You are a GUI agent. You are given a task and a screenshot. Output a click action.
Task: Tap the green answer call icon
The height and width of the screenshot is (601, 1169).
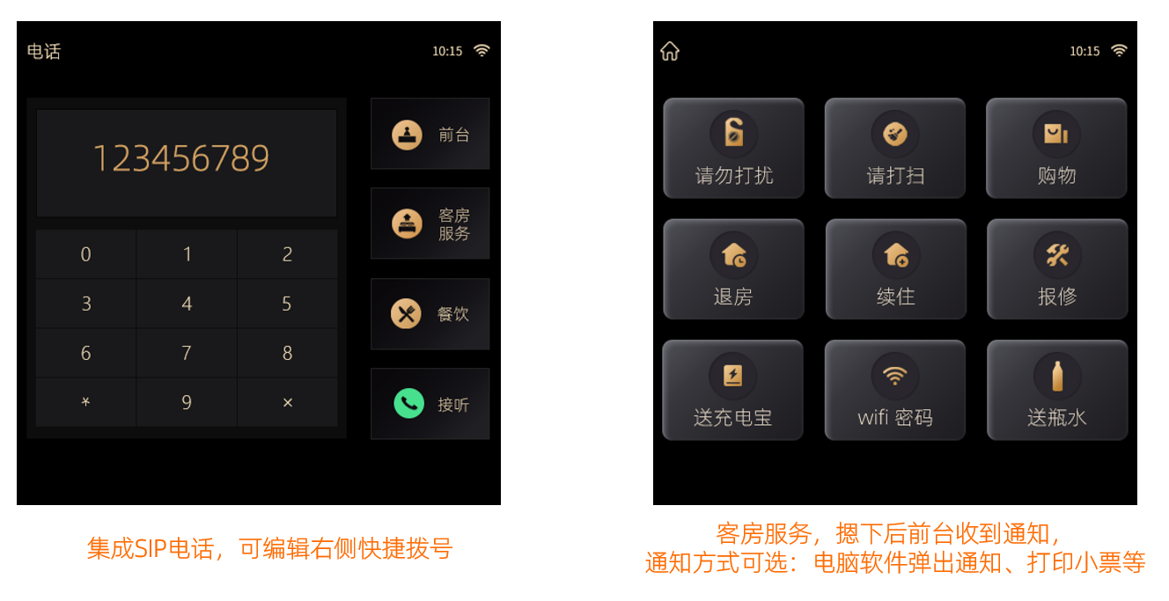point(408,403)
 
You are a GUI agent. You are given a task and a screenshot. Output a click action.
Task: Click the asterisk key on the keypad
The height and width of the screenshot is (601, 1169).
point(85,402)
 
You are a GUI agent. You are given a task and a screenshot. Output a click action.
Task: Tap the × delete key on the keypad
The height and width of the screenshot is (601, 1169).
point(288,402)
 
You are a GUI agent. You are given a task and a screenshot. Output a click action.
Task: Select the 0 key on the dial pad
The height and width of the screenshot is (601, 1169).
point(85,254)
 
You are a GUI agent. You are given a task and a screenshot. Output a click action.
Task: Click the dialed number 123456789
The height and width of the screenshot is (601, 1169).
point(181,158)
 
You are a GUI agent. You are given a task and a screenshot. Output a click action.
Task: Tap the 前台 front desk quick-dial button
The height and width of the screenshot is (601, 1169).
point(430,134)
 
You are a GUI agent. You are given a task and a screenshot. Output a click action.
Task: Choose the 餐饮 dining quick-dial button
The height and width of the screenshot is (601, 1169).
point(430,314)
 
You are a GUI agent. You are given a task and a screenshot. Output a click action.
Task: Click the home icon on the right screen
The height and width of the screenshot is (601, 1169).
point(670,51)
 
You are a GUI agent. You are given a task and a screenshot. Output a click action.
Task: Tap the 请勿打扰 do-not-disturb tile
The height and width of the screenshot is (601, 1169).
point(733,148)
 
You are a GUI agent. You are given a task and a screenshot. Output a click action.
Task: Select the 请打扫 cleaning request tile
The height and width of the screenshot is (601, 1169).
point(895,148)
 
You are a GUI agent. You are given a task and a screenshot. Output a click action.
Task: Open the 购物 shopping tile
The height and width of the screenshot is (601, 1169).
point(1057,148)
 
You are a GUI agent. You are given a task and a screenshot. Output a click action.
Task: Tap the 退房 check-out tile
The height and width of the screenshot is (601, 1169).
point(733,269)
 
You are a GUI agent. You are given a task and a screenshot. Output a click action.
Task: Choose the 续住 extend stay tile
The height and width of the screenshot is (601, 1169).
point(895,269)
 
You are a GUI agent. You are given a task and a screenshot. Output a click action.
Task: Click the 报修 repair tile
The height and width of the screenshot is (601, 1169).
point(1057,269)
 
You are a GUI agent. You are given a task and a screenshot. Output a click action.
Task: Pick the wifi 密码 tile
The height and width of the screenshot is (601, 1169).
point(895,390)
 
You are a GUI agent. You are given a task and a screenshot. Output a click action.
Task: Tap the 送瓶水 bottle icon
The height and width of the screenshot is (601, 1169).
point(1057,376)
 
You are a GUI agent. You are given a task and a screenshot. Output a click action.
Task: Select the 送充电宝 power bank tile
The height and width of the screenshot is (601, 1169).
point(732,390)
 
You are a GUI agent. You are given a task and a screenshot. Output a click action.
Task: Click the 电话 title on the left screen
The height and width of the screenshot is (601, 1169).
point(44,51)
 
